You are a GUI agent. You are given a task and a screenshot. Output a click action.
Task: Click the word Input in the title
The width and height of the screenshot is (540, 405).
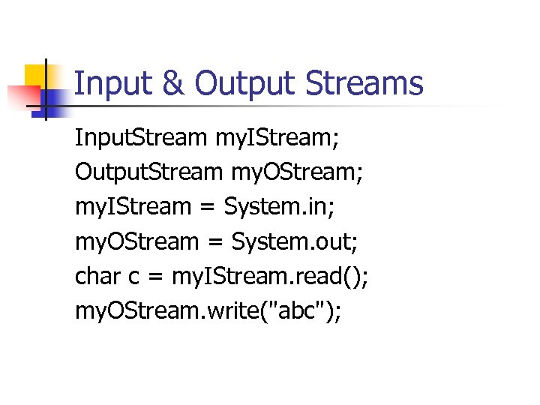[x=112, y=84]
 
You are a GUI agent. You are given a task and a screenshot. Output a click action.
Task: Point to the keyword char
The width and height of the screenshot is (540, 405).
[x=97, y=276]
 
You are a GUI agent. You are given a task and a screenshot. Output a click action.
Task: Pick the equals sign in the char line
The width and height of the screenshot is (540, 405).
[x=156, y=277]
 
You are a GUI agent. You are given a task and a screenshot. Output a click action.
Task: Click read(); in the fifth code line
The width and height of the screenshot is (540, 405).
[x=335, y=276]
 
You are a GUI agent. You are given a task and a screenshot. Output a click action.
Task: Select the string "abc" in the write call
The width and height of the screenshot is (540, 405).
[x=295, y=310]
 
